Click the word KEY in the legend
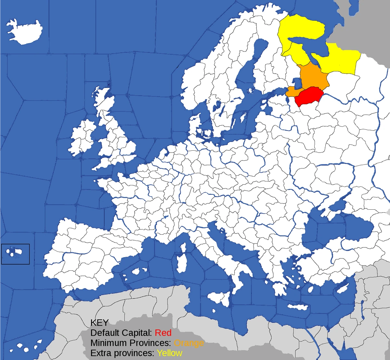click(99, 323)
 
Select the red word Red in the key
click(163, 333)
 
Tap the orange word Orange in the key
click(189, 343)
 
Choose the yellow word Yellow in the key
click(169, 353)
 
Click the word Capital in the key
click(137, 333)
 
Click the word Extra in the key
click(100, 353)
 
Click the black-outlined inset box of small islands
click(15, 254)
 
